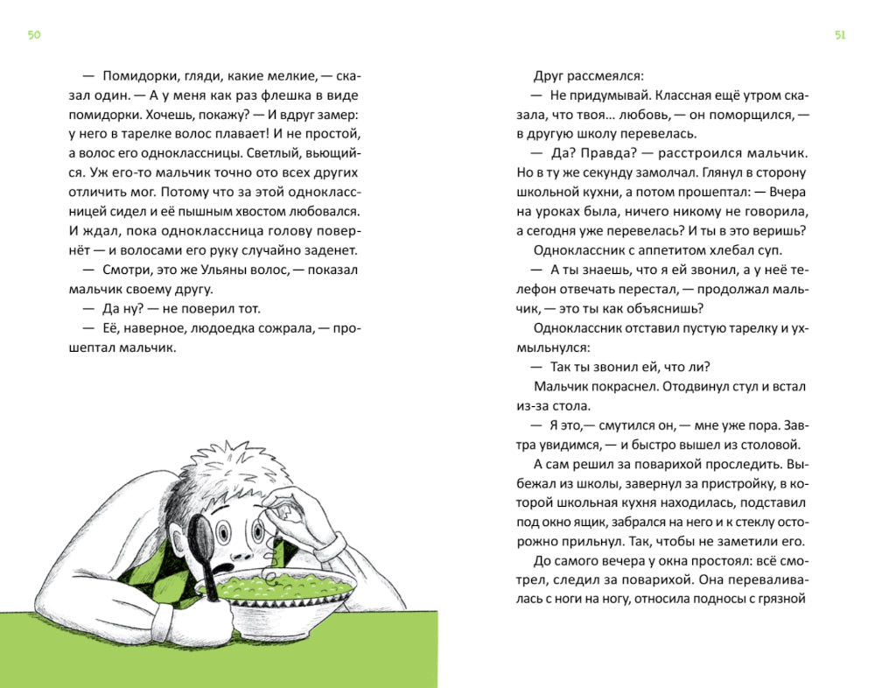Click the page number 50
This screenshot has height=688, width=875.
(x=34, y=35)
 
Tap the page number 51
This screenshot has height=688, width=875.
(x=840, y=35)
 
